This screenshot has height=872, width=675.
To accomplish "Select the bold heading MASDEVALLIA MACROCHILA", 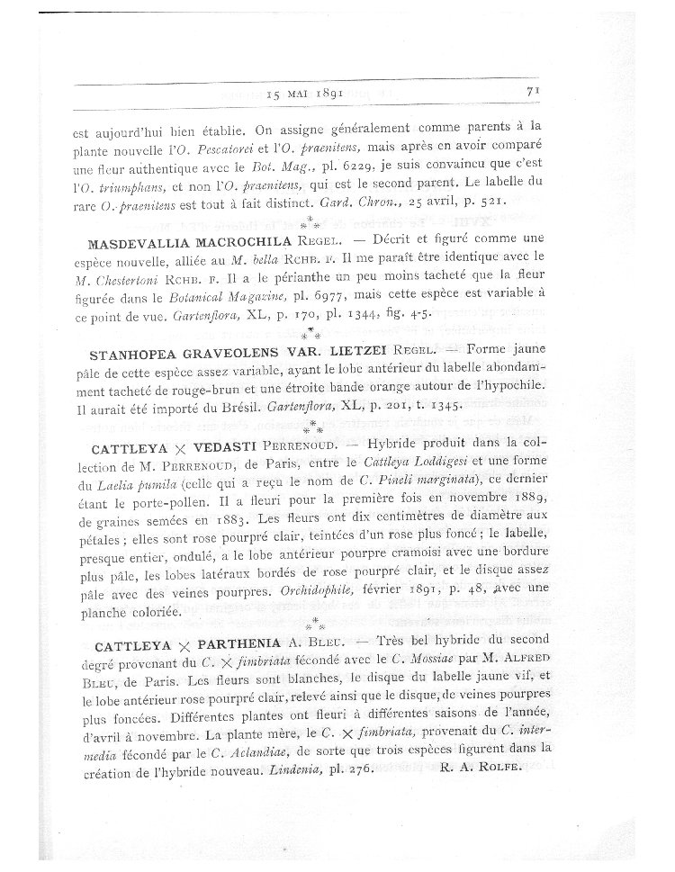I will click(189, 242).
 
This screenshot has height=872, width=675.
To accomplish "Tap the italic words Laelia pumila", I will click(120, 482).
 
